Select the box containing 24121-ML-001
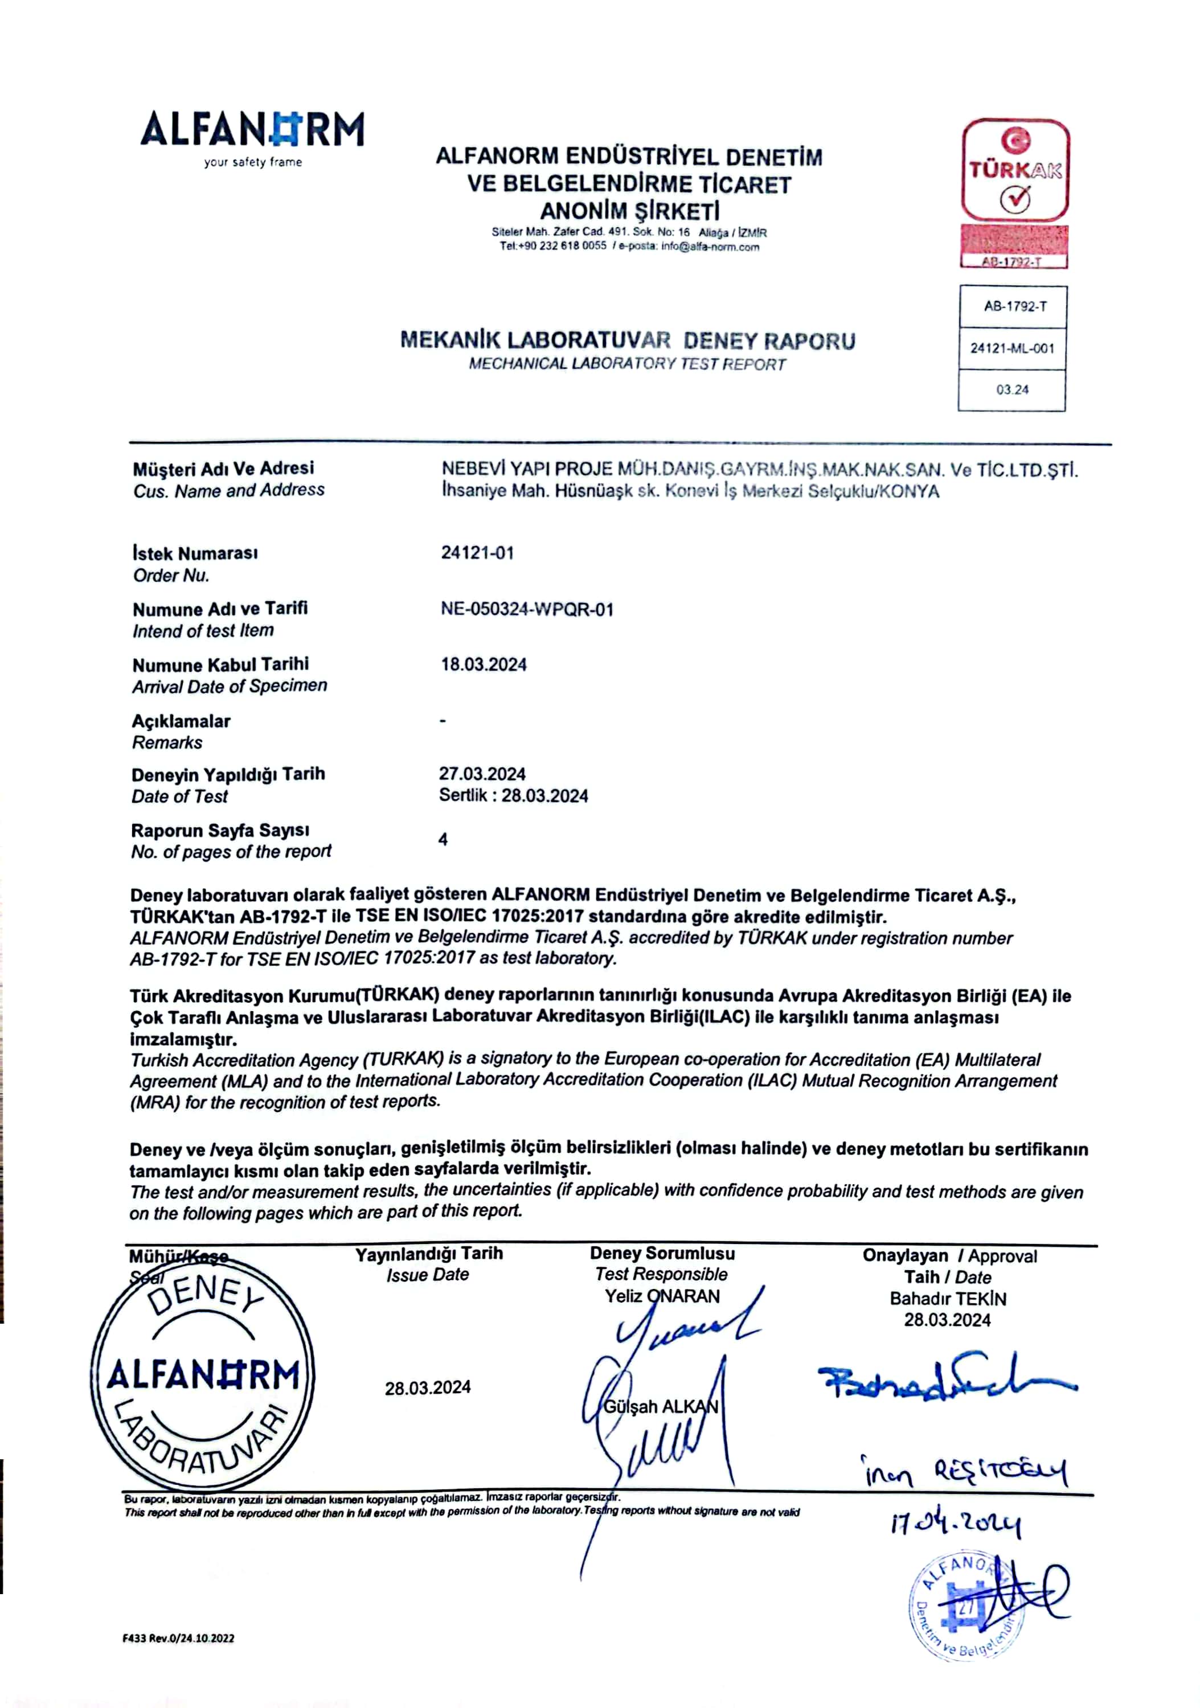pyautogui.click(x=1012, y=348)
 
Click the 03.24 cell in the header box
pyautogui.click(x=1012, y=390)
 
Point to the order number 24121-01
pyautogui.click(x=477, y=553)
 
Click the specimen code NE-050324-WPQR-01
pyautogui.click(x=527, y=609)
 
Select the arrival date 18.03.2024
pyautogui.click(x=484, y=664)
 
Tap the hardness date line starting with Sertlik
pyautogui.click(x=513, y=795)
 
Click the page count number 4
pyautogui.click(x=443, y=839)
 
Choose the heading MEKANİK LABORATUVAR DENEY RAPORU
pyautogui.click(x=628, y=340)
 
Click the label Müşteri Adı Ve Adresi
pyautogui.click(x=223, y=469)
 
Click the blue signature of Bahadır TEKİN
pyautogui.click(x=945, y=1383)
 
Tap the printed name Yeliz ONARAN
pyautogui.click(x=662, y=1296)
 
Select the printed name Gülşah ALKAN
pyautogui.click(x=661, y=1407)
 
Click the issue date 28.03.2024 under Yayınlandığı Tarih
pyautogui.click(x=428, y=1387)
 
